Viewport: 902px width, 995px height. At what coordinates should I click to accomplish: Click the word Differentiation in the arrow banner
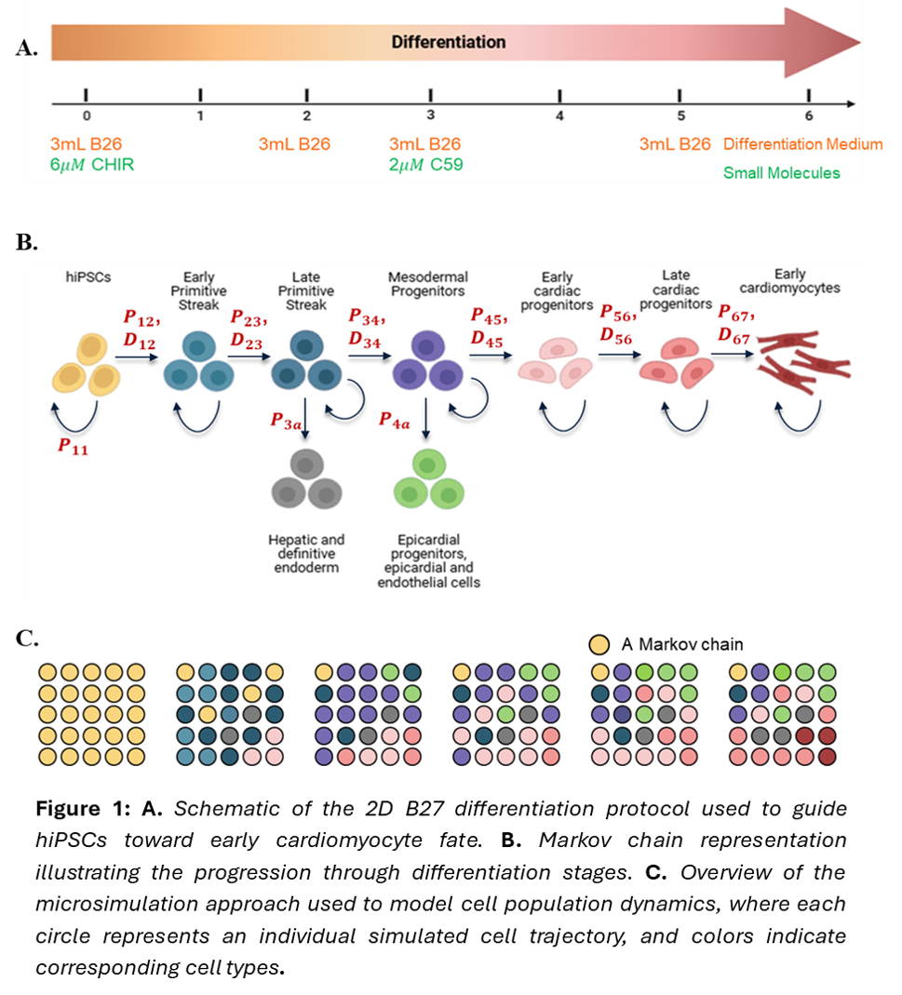(x=448, y=42)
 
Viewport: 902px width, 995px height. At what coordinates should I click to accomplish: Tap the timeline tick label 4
(x=559, y=116)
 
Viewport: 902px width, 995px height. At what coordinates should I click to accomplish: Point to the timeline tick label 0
(x=87, y=116)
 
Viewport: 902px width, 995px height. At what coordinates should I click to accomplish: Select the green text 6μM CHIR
(x=92, y=165)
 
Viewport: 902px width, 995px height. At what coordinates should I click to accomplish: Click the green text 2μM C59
(x=425, y=165)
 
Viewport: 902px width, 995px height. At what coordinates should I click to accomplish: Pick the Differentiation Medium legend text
(x=802, y=144)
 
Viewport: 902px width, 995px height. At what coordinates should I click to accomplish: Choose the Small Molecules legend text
(x=782, y=173)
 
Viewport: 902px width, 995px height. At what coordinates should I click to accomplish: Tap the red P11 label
(x=77, y=445)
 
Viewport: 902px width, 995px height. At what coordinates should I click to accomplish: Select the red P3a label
(x=287, y=421)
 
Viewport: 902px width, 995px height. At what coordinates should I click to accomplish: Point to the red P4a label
(x=395, y=420)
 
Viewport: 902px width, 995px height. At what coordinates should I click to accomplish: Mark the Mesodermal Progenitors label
(x=429, y=284)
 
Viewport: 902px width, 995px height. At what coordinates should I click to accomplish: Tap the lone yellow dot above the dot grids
(x=599, y=644)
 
